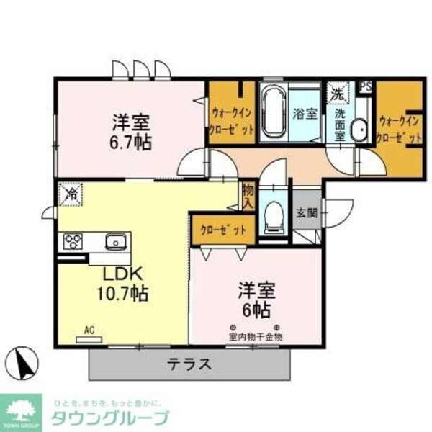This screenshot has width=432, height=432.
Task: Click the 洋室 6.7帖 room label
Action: click(130, 131)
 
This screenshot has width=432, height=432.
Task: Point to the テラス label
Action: click(190, 364)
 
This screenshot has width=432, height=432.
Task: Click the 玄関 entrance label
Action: click(305, 213)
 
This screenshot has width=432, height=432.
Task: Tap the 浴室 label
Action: click(304, 113)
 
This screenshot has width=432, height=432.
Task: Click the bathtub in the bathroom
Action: click(272, 112)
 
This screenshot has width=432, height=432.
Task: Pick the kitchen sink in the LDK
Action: click(115, 242)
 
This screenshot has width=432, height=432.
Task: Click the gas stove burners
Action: click(73, 241)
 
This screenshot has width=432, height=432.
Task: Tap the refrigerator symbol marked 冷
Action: click(71, 193)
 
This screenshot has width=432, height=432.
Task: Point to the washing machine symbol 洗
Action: click(338, 92)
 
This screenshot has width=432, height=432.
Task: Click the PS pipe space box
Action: click(366, 85)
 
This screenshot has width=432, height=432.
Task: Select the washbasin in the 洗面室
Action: click(358, 130)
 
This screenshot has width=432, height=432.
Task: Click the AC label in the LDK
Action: click(89, 330)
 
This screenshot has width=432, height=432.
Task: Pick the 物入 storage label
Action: click(248, 196)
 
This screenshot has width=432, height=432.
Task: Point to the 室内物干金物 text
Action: click(256, 336)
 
